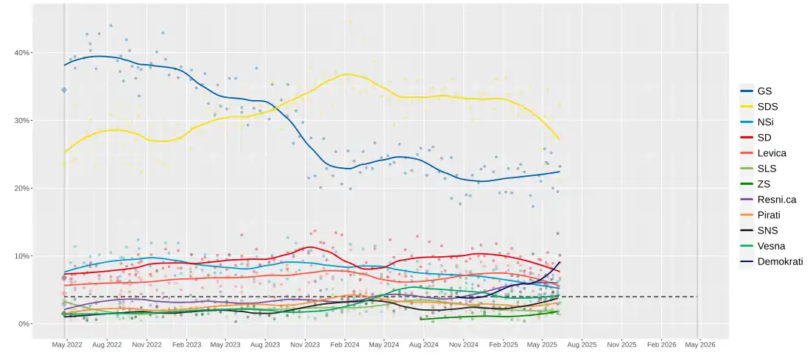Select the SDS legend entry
tap(766, 107)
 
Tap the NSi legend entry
tap(764, 122)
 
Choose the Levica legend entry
tap(771, 153)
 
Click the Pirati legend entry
tap(768, 215)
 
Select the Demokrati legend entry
tap(779, 261)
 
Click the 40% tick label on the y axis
tap(23, 53)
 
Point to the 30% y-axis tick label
tap(23, 121)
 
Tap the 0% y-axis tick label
tap(25, 324)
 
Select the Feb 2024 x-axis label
tap(345, 345)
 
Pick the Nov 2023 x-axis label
tap(305, 345)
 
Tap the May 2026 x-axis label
tap(700, 345)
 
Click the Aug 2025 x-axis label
tap(582, 345)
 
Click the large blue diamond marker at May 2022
tap(64, 90)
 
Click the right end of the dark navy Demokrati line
tap(560, 262)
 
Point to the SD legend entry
tap(764, 138)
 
